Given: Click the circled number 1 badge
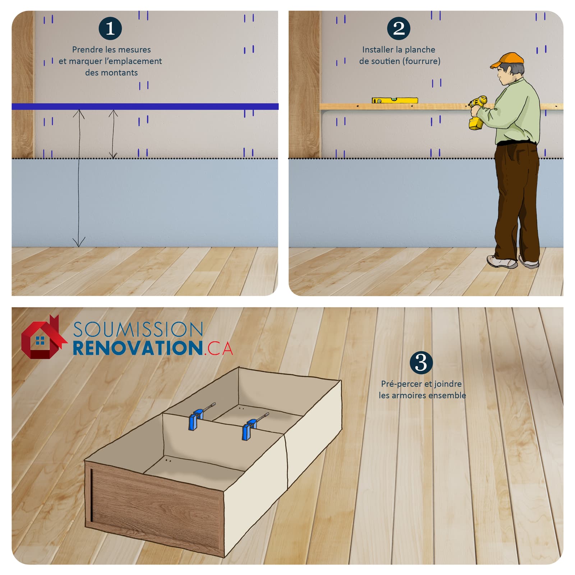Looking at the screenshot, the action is (110, 28).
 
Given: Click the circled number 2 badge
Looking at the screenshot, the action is (399, 28).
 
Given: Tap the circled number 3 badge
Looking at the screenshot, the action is (421, 363).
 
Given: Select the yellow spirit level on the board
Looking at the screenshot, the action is (395, 100).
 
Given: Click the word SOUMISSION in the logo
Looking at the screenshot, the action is (138, 330).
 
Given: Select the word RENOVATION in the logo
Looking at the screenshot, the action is (138, 348).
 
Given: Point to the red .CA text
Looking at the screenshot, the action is (218, 348).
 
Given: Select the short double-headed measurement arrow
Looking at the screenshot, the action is (113, 134).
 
